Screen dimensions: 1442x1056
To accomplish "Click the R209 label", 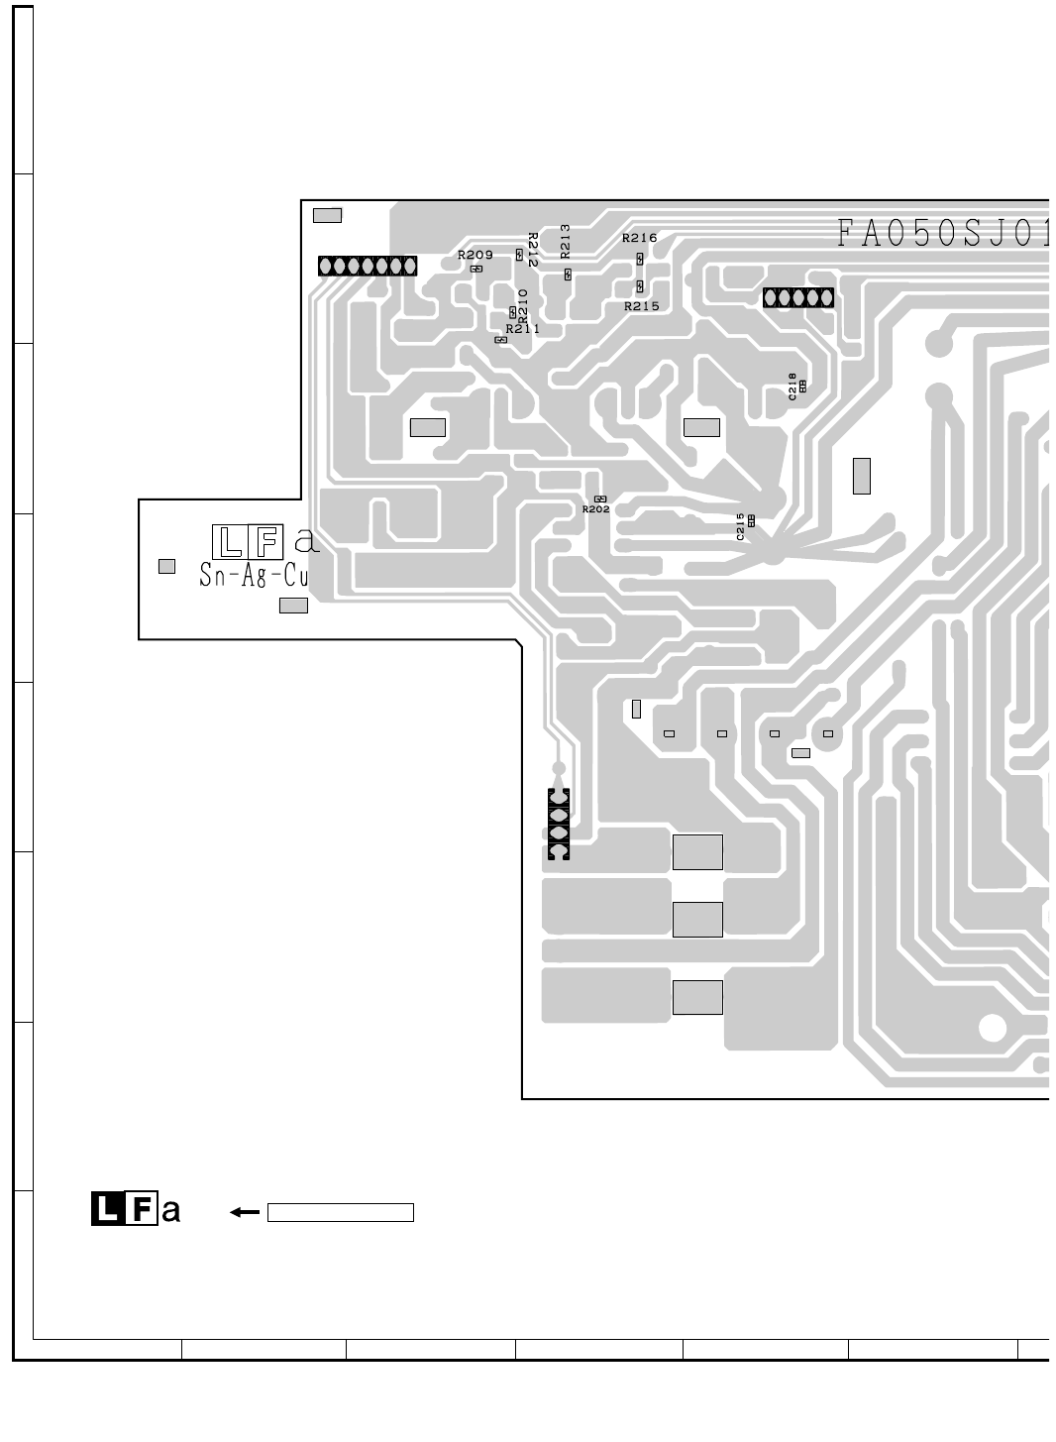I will click(x=475, y=256).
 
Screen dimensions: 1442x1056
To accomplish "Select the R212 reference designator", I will click(x=532, y=250).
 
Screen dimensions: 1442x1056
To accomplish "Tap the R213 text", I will click(x=566, y=241).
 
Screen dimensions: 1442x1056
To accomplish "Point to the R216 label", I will click(x=639, y=238).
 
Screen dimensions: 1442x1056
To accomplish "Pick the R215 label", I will click(x=641, y=306).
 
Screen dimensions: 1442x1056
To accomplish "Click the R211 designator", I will click(x=522, y=328).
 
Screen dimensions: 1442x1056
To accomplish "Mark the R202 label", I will click(x=595, y=509).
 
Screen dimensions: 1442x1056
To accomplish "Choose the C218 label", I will click(x=792, y=386).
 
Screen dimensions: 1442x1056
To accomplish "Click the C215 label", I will click(x=740, y=526).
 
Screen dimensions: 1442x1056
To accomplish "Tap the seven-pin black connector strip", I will click(x=368, y=266).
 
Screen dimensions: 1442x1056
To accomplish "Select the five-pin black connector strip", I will click(x=797, y=296).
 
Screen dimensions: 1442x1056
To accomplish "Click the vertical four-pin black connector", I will click(x=558, y=825).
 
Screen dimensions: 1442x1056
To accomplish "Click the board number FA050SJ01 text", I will click(x=941, y=234).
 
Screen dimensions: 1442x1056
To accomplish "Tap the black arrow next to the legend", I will click(x=244, y=1211).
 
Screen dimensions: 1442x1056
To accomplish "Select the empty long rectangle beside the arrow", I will click(x=340, y=1212).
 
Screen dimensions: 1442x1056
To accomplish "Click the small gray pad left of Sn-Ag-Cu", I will click(x=166, y=566).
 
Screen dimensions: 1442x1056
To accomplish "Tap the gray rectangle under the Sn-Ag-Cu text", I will click(x=293, y=606).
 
